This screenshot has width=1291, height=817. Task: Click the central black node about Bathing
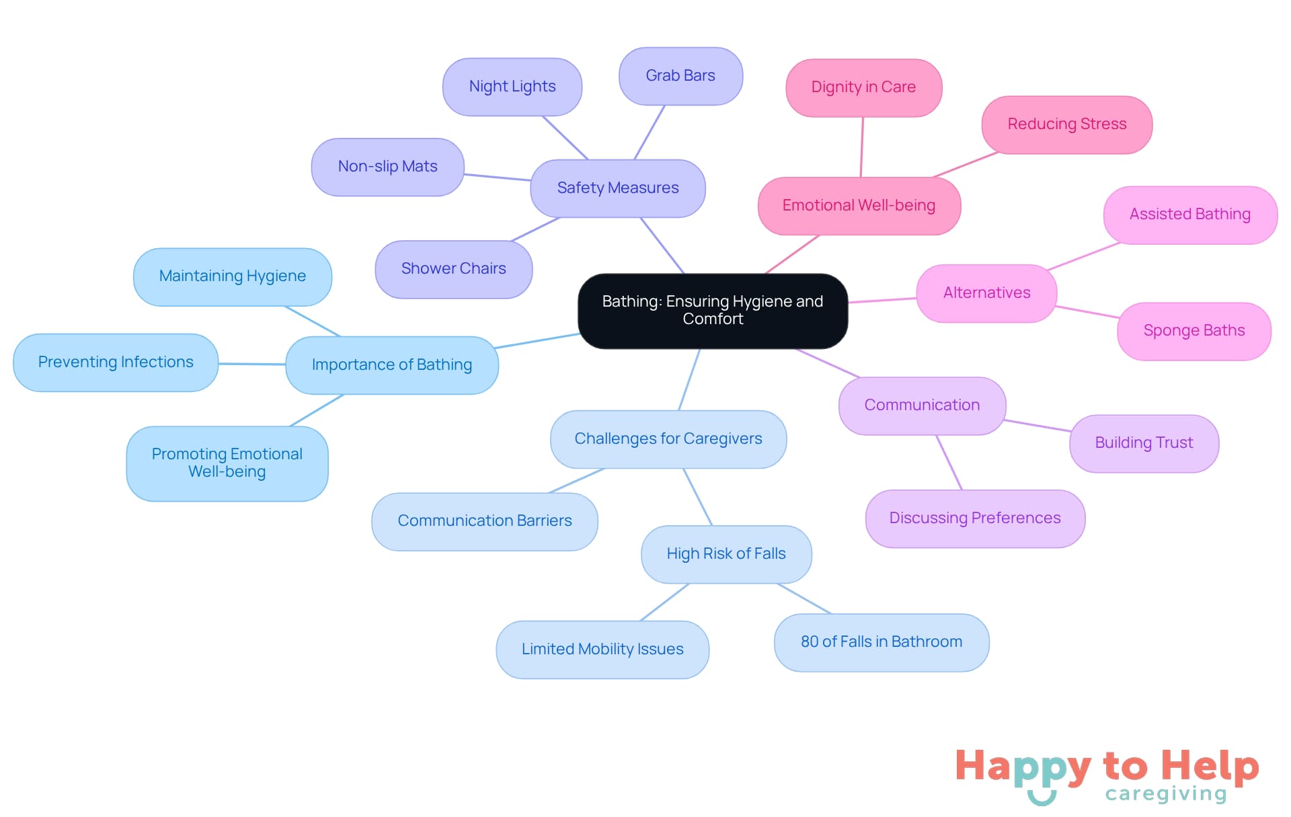(x=713, y=311)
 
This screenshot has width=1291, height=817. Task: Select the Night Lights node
(x=512, y=87)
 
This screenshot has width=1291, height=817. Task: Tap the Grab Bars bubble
(x=680, y=76)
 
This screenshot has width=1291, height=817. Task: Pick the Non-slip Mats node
(x=388, y=167)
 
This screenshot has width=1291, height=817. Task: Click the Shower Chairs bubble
(x=454, y=269)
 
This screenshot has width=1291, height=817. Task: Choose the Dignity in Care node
(x=863, y=87)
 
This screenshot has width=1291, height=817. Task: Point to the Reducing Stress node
(x=1067, y=124)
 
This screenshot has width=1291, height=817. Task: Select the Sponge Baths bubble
(x=1194, y=331)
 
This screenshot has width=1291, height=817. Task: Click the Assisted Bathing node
(x=1190, y=215)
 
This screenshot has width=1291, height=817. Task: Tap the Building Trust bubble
(x=1144, y=443)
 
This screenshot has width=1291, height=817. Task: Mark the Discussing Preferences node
(x=975, y=518)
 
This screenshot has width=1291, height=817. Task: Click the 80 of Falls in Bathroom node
(x=882, y=642)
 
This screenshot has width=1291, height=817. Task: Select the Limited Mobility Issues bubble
(x=602, y=650)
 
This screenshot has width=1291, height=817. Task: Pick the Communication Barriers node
(x=485, y=521)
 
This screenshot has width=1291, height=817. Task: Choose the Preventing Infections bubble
(x=116, y=362)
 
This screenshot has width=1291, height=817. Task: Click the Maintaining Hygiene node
(x=233, y=276)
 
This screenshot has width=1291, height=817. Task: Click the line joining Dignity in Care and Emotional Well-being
(x=862, y=147)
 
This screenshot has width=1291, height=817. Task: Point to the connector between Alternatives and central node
(x=882, y=301)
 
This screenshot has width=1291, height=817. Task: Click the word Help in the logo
(x=1210, y=767)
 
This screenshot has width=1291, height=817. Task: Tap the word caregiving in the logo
(x=1166, y=794)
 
